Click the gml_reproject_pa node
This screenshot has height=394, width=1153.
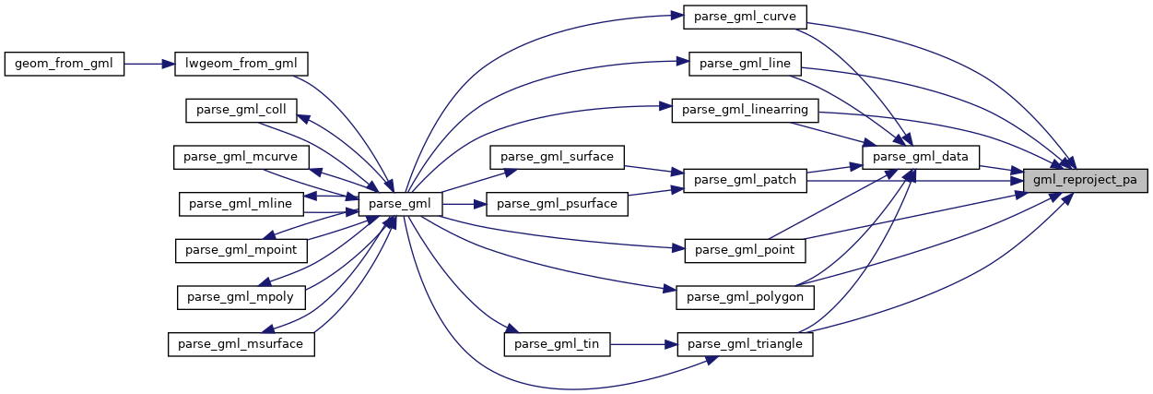[x=1086, y=180]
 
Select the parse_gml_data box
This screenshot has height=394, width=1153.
[x=919, y=157]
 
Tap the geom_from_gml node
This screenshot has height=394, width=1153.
[x=64, y=64]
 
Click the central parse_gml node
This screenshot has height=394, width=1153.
[x=401, y=203]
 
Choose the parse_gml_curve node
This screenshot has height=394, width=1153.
[x=746, y=17]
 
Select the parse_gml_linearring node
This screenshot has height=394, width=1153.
[x=745, y=110]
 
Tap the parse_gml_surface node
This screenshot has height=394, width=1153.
[x=558, y=157]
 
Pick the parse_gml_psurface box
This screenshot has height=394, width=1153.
[x=557, y=203]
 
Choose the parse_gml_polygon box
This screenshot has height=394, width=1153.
[x=745, y=297]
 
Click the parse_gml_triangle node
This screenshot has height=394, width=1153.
[x=745, y=344]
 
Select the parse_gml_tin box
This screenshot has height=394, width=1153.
[x=557, y=344]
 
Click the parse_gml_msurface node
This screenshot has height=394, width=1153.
[x=241, y=344]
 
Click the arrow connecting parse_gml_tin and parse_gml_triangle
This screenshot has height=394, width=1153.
[x=643, y=344]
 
